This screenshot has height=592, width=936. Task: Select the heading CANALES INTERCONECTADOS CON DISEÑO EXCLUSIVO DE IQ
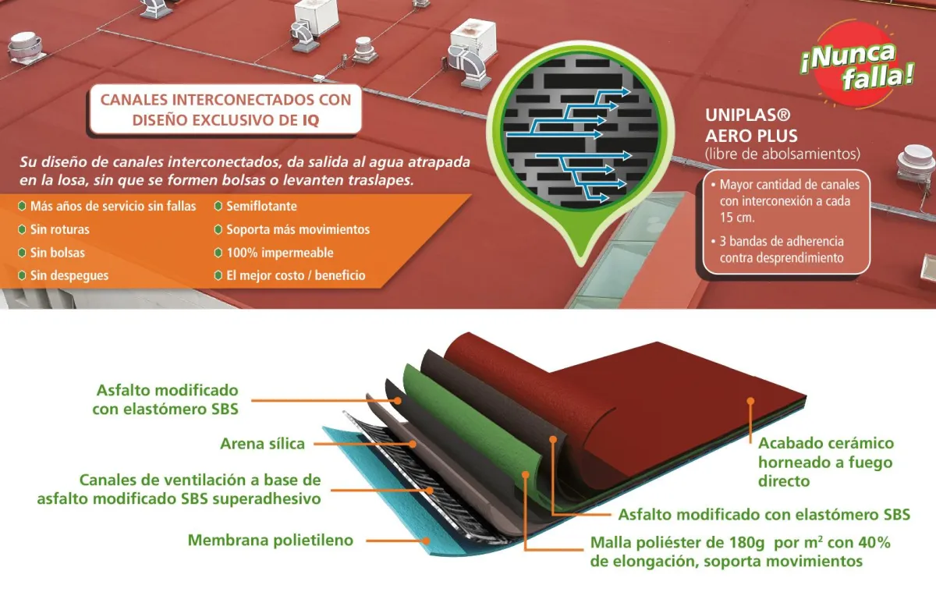225,110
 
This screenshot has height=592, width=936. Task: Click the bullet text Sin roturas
59,230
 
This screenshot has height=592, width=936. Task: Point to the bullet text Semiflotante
261,207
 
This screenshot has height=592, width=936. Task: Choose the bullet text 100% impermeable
279,253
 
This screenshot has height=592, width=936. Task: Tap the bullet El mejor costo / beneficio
295,275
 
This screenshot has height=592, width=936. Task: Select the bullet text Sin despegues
69,275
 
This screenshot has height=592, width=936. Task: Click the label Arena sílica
262,445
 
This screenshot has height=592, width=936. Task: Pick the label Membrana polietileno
271,540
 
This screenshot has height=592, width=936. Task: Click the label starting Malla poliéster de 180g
739,551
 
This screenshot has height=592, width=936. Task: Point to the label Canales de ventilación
179,489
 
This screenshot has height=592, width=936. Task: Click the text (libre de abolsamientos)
782,153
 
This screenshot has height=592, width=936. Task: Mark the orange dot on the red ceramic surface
750,402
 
